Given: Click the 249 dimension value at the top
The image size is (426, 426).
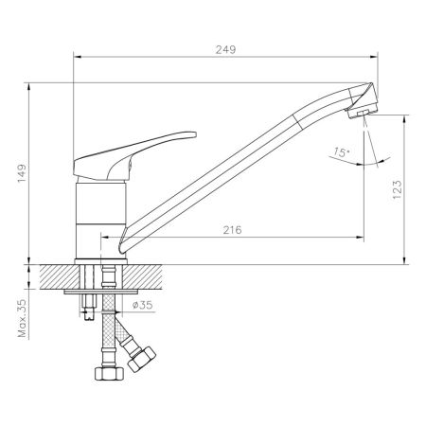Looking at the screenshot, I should click(x=223, y=48).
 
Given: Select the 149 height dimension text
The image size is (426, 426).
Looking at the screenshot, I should click(x=21, y=173).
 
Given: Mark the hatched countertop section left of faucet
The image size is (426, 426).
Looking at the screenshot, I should click(x=56, y=276).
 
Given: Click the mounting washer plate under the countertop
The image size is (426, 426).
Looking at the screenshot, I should click(x=99, y=292).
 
